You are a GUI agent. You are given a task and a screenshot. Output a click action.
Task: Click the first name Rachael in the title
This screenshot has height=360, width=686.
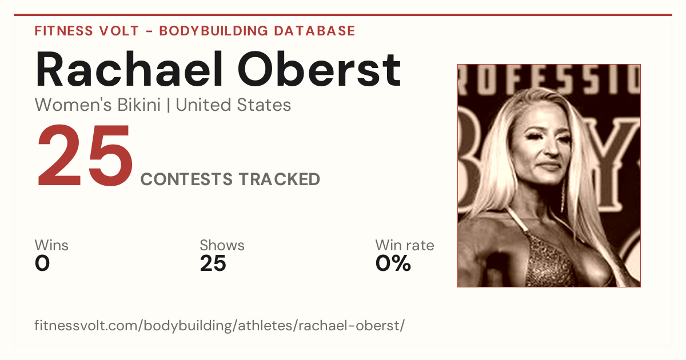(x=129, y=70)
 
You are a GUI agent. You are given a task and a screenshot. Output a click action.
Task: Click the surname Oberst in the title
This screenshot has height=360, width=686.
(x=320, y=70)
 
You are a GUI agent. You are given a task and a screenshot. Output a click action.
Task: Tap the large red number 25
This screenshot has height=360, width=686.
(x=85, y=155)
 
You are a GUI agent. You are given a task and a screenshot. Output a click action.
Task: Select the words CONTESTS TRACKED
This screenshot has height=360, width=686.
(x=230, y=179)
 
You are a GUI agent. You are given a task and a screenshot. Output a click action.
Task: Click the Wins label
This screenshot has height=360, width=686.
(x=51, y=245)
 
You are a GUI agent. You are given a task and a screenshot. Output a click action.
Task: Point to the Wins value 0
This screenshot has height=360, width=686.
(x=42, y=263)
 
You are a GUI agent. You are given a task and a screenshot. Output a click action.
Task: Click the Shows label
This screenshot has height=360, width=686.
(x=222, y=245)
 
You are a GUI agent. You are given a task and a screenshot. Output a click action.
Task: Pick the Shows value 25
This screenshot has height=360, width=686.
(x=213, y=263)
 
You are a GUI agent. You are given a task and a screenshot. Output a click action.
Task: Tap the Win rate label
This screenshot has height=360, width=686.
(x=405, y=245)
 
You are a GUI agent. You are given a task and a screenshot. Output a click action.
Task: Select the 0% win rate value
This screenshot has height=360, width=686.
(x=393, y=263)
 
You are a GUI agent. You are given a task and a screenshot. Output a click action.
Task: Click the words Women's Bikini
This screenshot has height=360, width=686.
(x=98, y=105)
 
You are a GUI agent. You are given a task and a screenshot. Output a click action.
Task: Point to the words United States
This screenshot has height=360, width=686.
(x=233, y=105)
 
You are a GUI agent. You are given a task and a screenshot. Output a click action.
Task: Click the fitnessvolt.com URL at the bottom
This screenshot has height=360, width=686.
(x=220, y=325)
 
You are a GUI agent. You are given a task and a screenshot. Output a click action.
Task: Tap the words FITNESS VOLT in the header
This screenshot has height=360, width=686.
(x=87, y=31)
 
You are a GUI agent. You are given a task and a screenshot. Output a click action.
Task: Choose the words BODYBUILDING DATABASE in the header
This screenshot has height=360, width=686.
(x=257, y=31)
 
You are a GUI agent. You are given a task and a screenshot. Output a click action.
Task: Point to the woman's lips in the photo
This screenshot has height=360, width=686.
(x=550, y=166)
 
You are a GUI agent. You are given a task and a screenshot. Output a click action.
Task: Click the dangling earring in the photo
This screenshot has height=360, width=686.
(x=563, y=196)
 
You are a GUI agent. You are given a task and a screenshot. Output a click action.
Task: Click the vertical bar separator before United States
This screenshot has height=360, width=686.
(x=168, y=105)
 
